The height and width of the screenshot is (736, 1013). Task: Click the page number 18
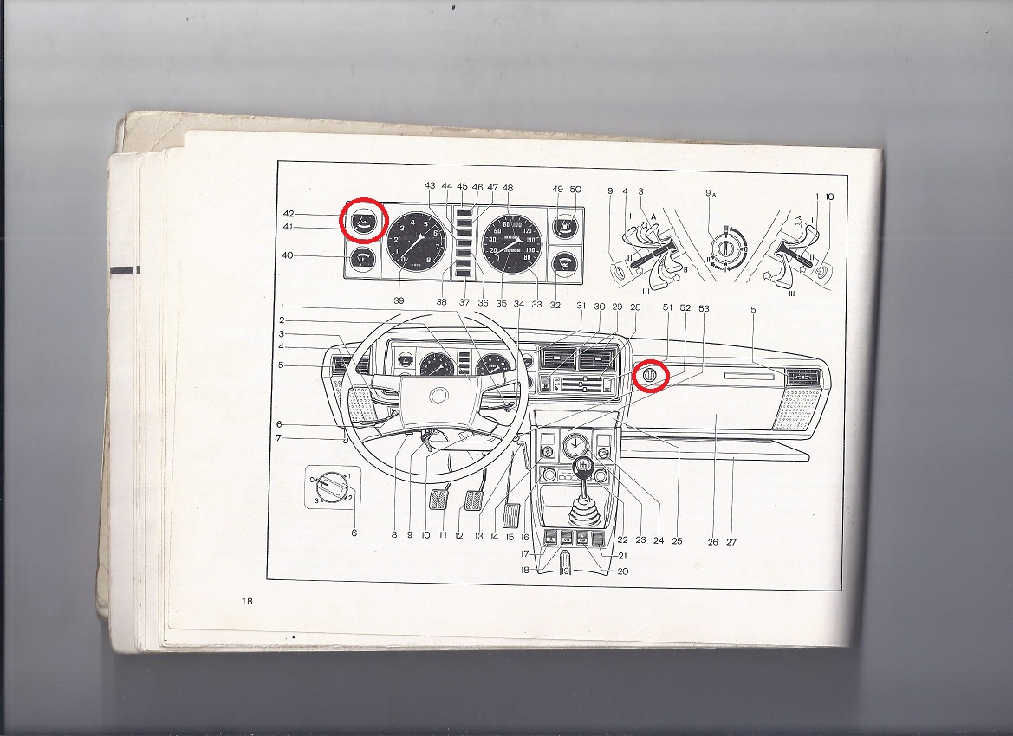click(x=248, y=602)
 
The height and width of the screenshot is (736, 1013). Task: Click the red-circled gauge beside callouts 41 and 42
click(x=363, y=221)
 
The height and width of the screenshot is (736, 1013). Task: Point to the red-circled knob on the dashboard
click(x=652, y=377)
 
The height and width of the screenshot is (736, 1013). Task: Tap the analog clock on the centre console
click(x=574, y=446)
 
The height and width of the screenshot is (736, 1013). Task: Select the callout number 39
click(x=399, y=300)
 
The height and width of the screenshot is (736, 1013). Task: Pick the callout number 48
click(x=507, y=187)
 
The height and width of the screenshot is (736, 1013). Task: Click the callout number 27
click(x=731, y=542)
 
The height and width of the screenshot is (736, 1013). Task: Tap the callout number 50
click(x=575, y=189)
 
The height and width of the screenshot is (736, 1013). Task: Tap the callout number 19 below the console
click(x=565, y=571)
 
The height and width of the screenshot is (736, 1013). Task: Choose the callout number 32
click(x=555, y=304)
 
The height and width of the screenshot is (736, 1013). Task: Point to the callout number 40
click(x=287, y=255)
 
